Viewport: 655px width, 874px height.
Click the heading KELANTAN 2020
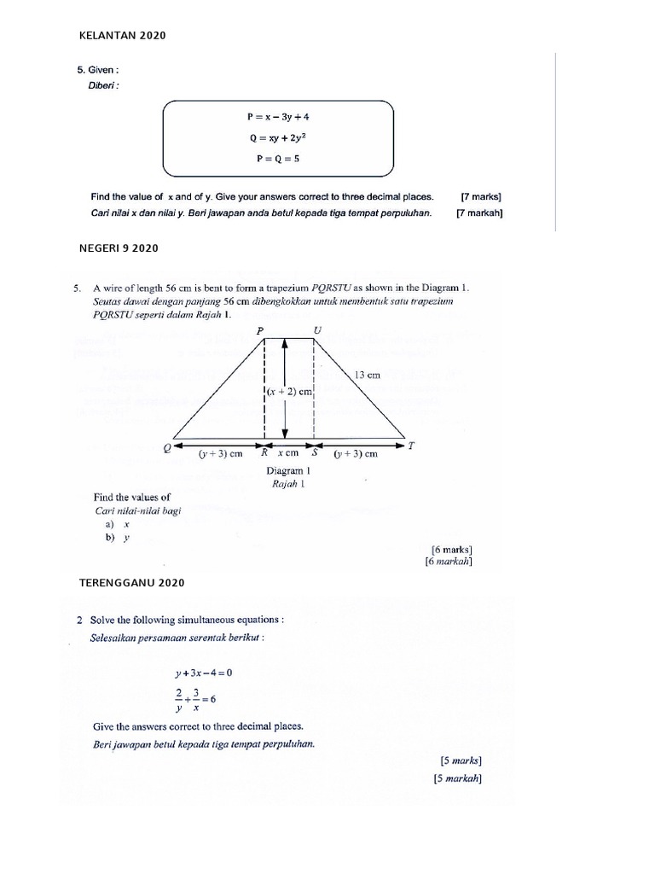122,36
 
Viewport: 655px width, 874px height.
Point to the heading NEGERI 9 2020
119,248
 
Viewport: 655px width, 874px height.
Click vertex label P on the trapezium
260,329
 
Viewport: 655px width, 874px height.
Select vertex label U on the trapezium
319,329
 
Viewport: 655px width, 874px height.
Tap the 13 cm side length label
367,374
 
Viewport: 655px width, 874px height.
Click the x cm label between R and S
287,454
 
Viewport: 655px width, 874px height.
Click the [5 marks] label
461,760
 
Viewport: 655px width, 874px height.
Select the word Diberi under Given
104,85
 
